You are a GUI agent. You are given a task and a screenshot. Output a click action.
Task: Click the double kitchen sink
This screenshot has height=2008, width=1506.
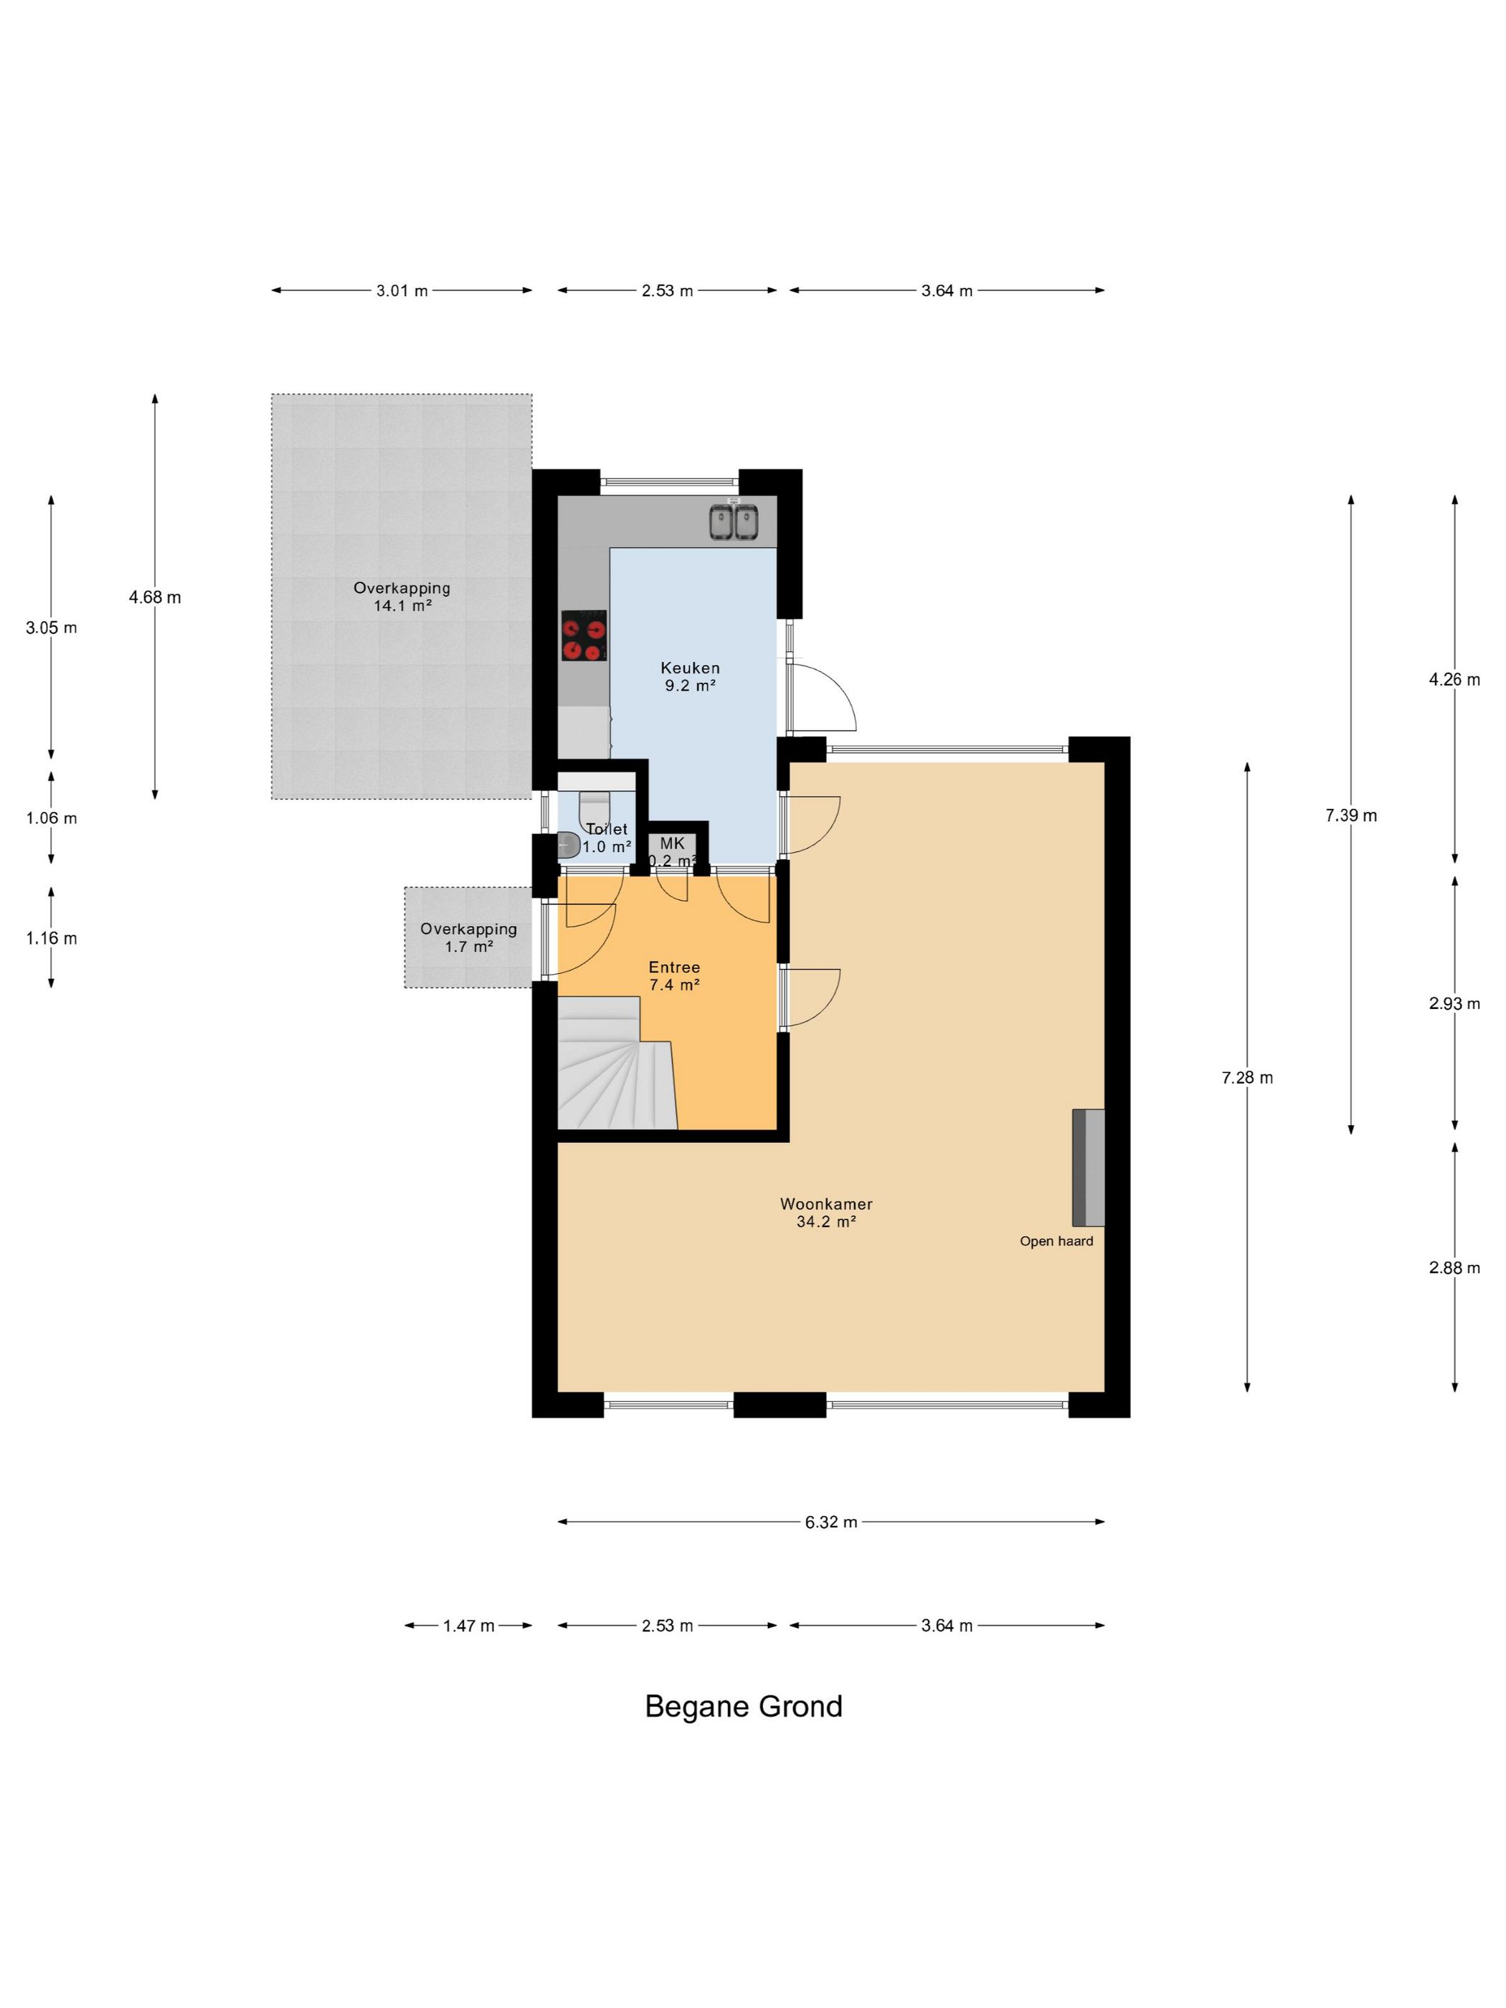click(734, 521)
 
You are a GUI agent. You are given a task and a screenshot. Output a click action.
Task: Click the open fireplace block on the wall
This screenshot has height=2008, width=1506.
click(1089, 1167)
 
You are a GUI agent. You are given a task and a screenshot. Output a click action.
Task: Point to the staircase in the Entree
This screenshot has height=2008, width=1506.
click(617, 1063)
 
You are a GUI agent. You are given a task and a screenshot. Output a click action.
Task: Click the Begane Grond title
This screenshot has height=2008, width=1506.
click(744, 1707)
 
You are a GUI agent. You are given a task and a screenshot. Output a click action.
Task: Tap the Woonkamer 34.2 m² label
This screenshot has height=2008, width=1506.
click(826, 1213)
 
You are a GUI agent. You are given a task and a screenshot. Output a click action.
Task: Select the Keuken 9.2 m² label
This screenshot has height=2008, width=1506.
click(690, 676)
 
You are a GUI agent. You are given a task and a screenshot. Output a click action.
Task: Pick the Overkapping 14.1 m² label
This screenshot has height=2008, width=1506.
click(402, 597)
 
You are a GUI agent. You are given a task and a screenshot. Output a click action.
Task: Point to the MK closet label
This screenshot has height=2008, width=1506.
click(673, 843)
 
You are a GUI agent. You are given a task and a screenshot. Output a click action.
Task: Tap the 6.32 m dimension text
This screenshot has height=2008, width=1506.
click(830, 1522)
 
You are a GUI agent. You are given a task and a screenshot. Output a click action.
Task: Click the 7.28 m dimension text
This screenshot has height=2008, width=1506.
click(1247, 1078)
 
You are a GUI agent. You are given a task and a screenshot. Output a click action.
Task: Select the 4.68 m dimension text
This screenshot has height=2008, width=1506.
click(155, 597)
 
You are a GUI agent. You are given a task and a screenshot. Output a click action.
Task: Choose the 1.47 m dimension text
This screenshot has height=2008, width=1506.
click(468, 1626)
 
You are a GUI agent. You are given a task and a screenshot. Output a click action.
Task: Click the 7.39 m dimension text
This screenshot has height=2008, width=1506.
click(1351, 815)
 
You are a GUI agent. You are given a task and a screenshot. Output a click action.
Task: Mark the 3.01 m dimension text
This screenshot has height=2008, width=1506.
click(402, 291)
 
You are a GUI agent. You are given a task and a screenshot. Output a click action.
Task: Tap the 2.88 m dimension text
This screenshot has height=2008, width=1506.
click(1454, 1268)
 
